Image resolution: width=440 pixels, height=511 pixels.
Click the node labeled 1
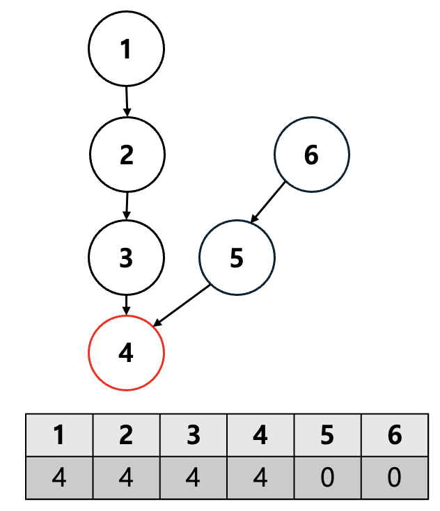tap(126, 49)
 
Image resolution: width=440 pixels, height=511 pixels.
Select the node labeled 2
tap(127, 154)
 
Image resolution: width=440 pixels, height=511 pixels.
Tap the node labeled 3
tap(126, 257)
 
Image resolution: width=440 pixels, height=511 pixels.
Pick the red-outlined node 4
tap(126, 353)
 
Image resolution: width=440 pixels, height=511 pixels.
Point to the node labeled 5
tap(237, 258)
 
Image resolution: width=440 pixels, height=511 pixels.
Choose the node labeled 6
tap(311, 155)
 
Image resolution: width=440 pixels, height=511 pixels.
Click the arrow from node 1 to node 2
tap(127, 101)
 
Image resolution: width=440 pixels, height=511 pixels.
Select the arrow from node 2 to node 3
tap(127, 205)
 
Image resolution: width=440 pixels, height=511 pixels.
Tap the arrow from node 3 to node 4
tap(126, 304)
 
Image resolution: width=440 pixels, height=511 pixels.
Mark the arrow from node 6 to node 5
tap(269, 202)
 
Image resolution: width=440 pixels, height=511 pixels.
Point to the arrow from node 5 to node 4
tap(182, 305)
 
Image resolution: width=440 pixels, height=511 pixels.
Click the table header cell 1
tap(59, 435)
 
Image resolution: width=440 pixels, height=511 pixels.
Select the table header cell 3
tap(194, 435)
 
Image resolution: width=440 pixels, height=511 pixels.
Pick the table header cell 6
tap(395, 435)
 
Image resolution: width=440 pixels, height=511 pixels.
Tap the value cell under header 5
tap(328, 478)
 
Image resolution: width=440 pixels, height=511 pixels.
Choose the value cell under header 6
tap(395, 478)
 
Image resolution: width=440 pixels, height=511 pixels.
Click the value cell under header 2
tap(126, 478)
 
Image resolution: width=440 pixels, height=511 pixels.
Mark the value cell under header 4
tap(260, 478)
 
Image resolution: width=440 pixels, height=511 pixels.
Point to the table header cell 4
tap(260, 435)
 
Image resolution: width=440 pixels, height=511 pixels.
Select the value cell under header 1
tap(59, 478)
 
